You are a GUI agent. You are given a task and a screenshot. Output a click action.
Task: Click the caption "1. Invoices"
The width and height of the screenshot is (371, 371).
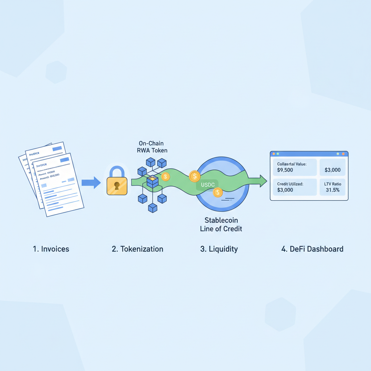[51, 249]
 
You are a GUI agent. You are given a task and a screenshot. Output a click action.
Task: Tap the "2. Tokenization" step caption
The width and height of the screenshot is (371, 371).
[137, 249]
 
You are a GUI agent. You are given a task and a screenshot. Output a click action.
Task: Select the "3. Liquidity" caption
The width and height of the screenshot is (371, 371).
[219, 249]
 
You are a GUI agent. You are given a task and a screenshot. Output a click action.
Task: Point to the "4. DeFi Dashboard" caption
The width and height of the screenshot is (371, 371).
[312, 249]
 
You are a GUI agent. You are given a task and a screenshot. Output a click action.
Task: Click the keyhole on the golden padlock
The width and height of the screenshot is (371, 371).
[117, 186]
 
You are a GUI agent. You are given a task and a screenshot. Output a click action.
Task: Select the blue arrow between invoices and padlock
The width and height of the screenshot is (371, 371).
[91, 183]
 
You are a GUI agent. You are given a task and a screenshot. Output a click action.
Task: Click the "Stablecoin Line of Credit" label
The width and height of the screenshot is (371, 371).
[221, 224]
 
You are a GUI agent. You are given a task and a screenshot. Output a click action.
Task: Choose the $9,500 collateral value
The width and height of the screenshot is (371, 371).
[285, 170]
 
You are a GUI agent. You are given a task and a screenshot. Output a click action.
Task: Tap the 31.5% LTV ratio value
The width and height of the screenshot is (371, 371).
[333, 189]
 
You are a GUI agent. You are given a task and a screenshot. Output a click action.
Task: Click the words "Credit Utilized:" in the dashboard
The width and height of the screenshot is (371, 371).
[290, 184]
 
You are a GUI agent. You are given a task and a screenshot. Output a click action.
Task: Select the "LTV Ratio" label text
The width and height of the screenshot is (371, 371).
[333, 184]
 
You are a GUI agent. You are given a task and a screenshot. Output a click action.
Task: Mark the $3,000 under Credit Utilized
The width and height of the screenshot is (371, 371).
[285, 189]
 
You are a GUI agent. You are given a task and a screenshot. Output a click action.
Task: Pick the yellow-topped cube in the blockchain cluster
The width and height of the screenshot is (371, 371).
[153, 180]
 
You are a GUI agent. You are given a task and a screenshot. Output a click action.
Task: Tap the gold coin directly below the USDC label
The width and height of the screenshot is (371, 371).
[218, 192]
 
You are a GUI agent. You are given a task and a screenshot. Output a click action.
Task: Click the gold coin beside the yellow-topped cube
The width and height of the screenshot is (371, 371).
[165, 177]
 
